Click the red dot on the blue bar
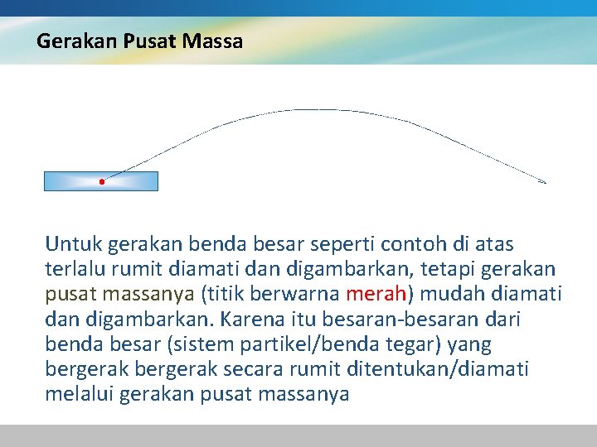click(101, 181)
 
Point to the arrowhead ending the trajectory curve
click(543, 181)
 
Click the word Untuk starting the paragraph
click(70, 245)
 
